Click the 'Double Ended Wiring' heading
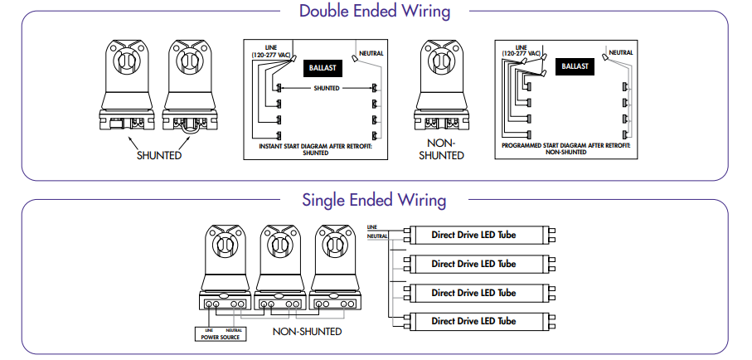374,12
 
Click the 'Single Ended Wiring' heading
374,201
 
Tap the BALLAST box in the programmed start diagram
574,66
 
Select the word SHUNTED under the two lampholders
159,155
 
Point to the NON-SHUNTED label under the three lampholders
306,331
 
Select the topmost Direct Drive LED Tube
473,235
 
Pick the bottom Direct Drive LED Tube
473,321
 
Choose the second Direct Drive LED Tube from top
473,264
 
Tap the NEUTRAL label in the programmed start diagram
620,52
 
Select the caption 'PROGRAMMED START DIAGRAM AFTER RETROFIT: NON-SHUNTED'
566,148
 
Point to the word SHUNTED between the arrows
326,87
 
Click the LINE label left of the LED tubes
372,226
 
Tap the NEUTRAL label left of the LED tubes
376,236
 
